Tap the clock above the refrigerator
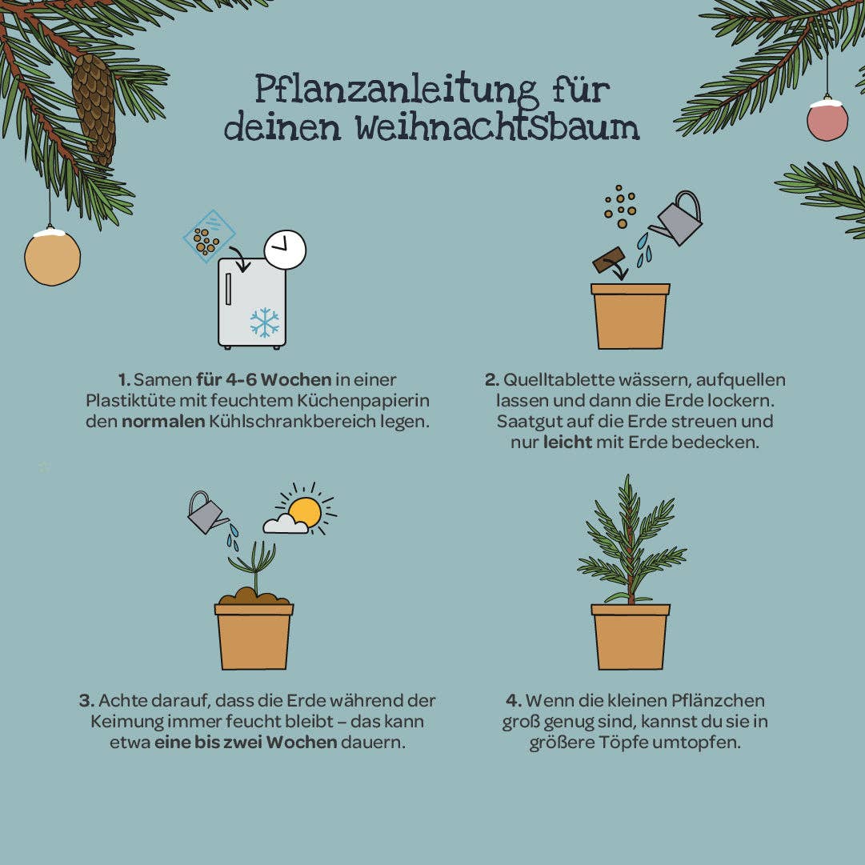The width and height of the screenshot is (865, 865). pos(285,250)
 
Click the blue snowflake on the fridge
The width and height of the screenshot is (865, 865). pos(264,322)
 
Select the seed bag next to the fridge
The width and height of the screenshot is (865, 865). pos(209,237)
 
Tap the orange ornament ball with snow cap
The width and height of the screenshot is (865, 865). pos(52,257)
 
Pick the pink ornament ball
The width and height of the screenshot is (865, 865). pos(827,120)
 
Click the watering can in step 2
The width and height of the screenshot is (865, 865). pos(679,219)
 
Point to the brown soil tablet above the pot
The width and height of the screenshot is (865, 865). pos(608,259)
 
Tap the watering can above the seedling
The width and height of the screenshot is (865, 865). pos(206,513)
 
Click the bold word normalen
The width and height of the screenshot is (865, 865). pos(163,421)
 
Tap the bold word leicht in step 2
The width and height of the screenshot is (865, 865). pos(567,442)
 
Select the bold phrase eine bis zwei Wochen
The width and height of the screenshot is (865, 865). pos(246,742)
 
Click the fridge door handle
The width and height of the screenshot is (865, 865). pos(230,289)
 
